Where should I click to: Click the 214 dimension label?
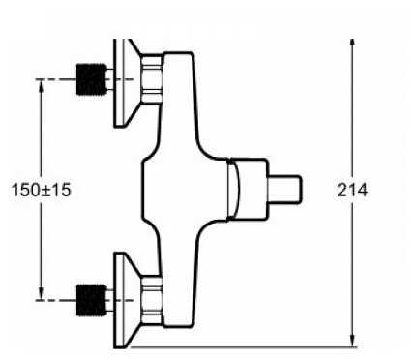(352, 190)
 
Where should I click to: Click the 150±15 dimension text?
(41, 190)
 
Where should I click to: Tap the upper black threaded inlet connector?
(92, 79)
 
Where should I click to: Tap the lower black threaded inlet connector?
(92, 300)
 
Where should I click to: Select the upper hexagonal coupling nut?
(152, 79)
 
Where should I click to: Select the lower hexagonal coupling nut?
(152, 300)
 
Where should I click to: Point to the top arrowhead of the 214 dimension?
(352, 45)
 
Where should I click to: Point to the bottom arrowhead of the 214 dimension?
(352, 342)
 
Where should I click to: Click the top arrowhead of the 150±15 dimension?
(41, 86)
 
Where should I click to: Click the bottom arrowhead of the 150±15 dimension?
(41, 293)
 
